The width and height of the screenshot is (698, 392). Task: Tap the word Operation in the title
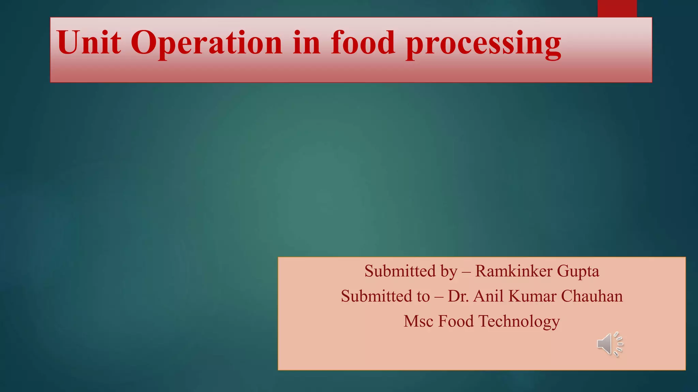(207, 43)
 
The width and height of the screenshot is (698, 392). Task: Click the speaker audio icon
(610, 344)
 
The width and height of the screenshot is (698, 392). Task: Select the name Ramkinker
(514, 271)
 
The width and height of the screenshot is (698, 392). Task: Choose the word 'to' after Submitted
(423, 296)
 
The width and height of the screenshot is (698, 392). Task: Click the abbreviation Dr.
(458, 296)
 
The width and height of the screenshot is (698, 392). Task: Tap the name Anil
(488, 296)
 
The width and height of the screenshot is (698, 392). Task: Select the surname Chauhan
(592, 296)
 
